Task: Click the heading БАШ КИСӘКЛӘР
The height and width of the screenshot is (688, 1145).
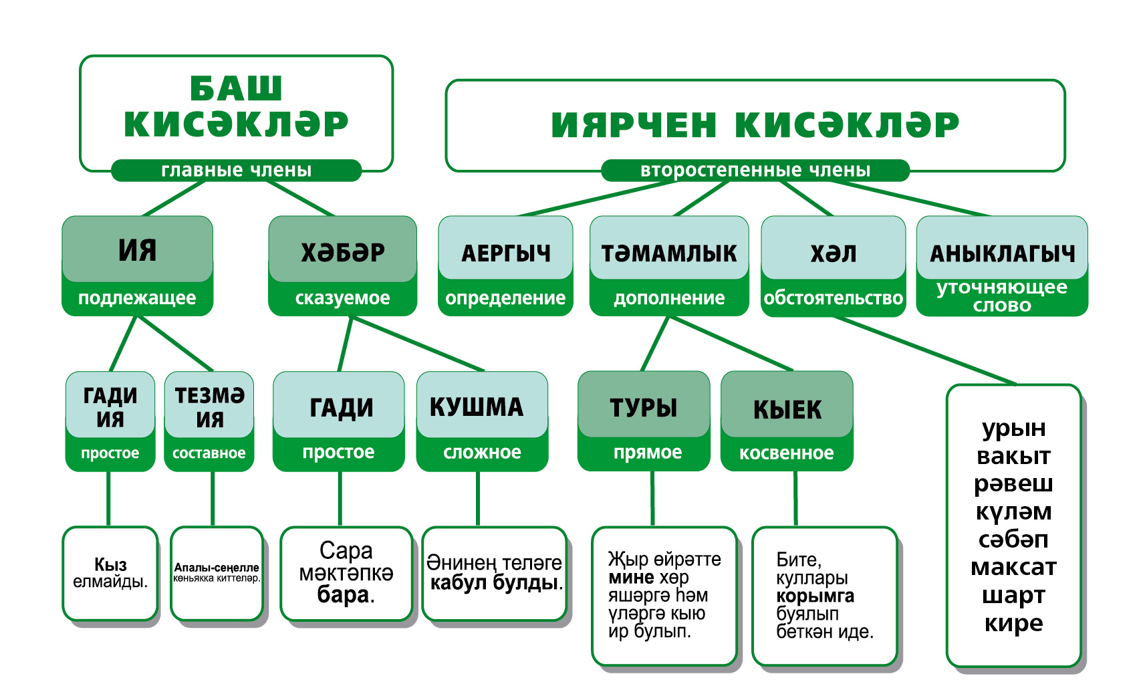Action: (x=236, y=107)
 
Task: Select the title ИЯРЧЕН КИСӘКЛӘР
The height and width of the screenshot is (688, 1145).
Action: (x=755, y=124)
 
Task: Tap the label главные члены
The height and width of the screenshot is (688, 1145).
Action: (x=236, y=170)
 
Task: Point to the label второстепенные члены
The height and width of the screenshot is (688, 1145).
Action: (x=755, y=170)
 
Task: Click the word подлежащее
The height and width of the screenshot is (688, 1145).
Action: (x=137, y=298)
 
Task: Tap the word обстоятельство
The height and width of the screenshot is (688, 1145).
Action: (x=833, y=298)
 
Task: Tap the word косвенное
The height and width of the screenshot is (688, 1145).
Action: (x=786, y=453)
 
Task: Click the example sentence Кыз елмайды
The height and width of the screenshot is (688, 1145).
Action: (x=110, y=573)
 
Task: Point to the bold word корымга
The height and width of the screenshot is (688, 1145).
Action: (x=815, y=596)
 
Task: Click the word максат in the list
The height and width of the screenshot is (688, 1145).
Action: (x=1013, y=567)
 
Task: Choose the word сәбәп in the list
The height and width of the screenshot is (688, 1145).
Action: (x=1013, y=539)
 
